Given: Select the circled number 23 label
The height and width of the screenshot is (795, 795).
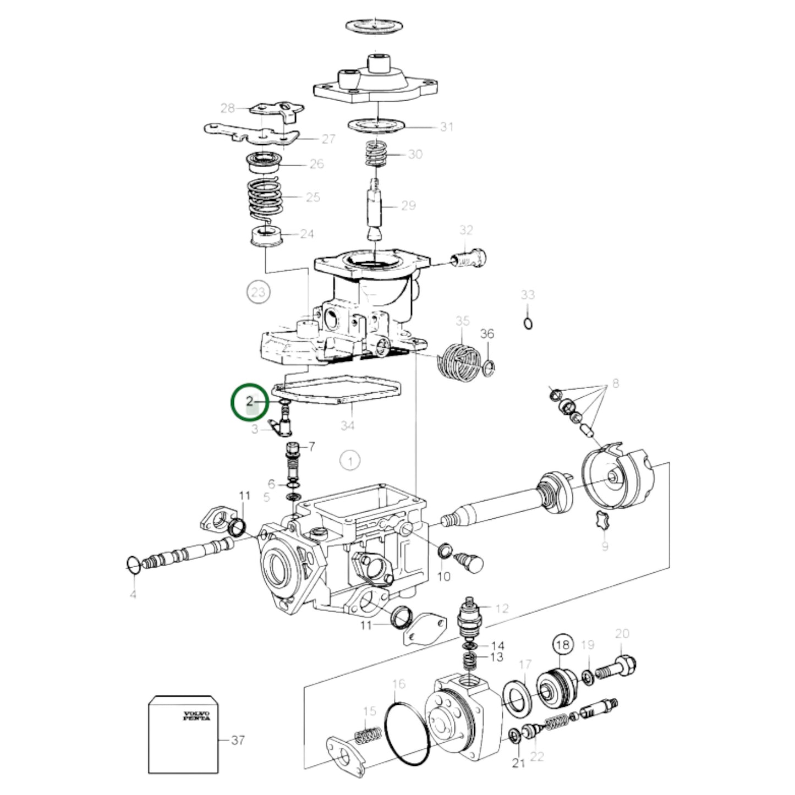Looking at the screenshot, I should [x=258, y=292].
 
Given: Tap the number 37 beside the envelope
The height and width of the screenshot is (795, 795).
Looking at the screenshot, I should [x=237, y=740].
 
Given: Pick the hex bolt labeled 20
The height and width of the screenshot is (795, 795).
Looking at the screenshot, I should [x=619, y=667].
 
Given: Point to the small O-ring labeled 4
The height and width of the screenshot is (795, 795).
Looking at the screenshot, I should [x=133, y=564].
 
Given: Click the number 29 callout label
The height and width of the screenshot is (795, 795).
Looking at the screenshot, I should [x=408, y=205].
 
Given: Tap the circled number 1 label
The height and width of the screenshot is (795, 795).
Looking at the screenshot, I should [x=350, y=460].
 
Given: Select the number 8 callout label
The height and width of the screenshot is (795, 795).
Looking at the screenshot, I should [x=615, y=383].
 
